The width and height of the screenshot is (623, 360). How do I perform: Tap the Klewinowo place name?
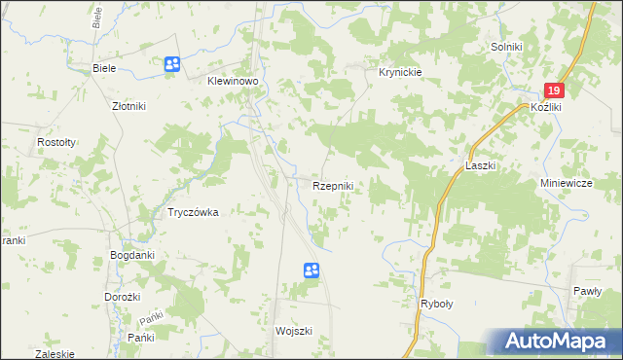231,83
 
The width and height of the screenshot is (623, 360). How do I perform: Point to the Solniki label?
507,47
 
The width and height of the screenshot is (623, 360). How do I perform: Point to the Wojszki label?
294,331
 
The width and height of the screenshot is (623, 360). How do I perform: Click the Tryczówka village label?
192,212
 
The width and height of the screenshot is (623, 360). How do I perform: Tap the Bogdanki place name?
132,256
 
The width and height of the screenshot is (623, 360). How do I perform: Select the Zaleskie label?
55,354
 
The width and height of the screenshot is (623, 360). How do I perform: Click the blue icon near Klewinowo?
172,64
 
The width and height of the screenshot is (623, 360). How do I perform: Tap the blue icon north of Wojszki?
311,270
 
